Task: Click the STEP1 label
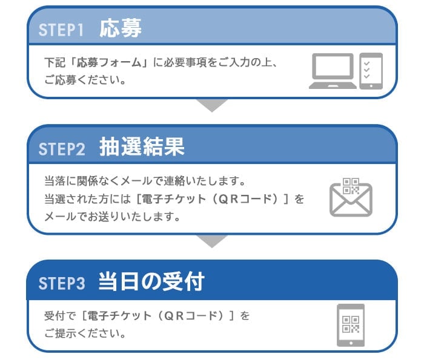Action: pyautogui.click(x=61, y=30)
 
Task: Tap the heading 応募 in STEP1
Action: pyautogui.click(x=121, y=28)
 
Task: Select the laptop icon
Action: pyautogui.click(x=333, y=71)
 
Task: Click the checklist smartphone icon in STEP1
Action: pyautogui.click(x=371, y=71)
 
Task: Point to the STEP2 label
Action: pyautogui.click(x=62, y=149)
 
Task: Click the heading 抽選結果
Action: pyautogui.click(x=142, y=146)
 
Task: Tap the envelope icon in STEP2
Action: pyautogui.click(x=351, y=200)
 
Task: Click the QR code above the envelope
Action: pyautogui.click(x=351, y=186)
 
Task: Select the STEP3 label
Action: pyautogui.click(x=62, y=283)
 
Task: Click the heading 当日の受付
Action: pyautogui.click(x=151, y=281)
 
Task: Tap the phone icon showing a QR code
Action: pyautogui.click(x=351, y=325)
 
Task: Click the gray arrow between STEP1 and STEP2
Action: pyautogui.click(x=212, y=105)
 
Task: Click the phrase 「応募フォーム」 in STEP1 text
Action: pyautogui.click(x=109, y=62)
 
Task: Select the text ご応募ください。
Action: pyautogui.click(x=85, y=80)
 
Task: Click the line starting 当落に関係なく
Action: pyautogui.click(x=145, y=181)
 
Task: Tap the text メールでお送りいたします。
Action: pyautogui.click(x=112, y=217)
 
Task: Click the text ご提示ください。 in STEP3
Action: pyautogui.click(x=85, y=333)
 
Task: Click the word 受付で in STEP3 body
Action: pyautogui.click(x=61, y=316)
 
